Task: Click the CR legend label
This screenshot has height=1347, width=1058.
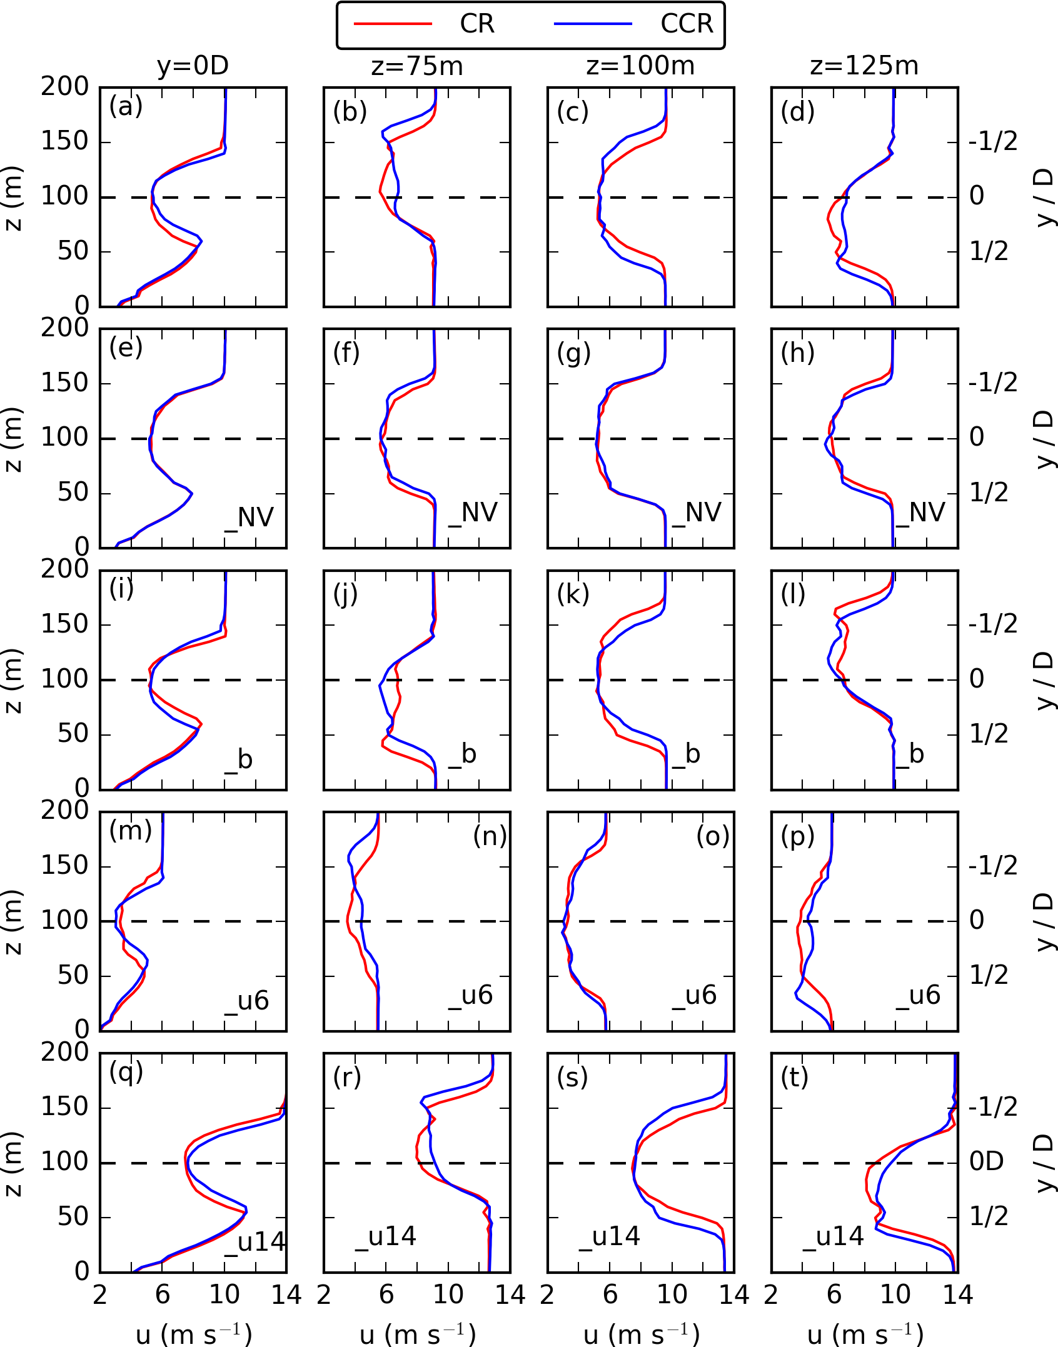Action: click(x=476, y=24)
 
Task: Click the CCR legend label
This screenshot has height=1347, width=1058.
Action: click(x=687, y=24)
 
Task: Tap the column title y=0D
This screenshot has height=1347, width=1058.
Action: click(x=193, y=66)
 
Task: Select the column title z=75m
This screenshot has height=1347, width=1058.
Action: click(x=417, y=66)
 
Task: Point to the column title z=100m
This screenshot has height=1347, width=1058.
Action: click(x=640, y=66)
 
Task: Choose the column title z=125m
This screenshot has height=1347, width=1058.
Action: click(x=864, y=66)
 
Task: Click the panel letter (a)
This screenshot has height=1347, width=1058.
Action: click(x=126, y=106)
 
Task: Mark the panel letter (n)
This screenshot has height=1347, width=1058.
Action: click(x=490, y=836)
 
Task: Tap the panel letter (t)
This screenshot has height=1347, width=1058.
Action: click(x=795, y=1077)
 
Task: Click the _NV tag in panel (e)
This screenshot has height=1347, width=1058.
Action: click(x=249, y=518)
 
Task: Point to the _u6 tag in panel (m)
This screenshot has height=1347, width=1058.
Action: click(x=247, y=1001)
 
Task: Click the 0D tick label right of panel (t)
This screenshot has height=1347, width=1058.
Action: click(x=987, y=1161)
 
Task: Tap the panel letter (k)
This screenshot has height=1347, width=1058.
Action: click(x=573, y=594)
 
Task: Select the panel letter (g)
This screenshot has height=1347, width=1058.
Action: click(x=573, y=353)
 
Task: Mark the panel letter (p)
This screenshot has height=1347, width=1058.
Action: click(x=797, y=836)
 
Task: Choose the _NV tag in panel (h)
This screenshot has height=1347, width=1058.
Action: click(x=920, y=513)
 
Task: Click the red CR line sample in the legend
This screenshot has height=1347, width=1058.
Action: click(x=393, y=24)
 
